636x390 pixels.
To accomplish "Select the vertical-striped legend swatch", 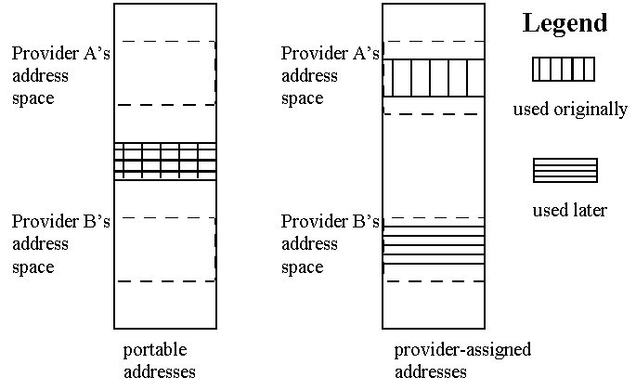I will point(564,71).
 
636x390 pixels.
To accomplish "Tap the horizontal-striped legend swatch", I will point(565,171).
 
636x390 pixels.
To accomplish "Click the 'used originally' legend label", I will point(570,110).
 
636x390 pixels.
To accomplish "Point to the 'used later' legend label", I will point(569,211).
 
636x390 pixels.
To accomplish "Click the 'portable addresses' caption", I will point(159,361).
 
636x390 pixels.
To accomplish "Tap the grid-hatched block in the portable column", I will point(165,161).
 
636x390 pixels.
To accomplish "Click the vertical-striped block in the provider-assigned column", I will point(434,78).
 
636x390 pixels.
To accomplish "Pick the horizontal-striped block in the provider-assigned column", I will point(434,245).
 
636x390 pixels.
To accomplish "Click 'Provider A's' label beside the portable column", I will point(61,53).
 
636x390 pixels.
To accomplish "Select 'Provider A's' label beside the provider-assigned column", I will point(331,53).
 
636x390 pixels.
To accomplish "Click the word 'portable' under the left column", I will point(155,350).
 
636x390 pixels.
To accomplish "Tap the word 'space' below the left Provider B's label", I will point(32,267).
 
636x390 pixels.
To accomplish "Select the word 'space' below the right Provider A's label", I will point(302,98).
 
